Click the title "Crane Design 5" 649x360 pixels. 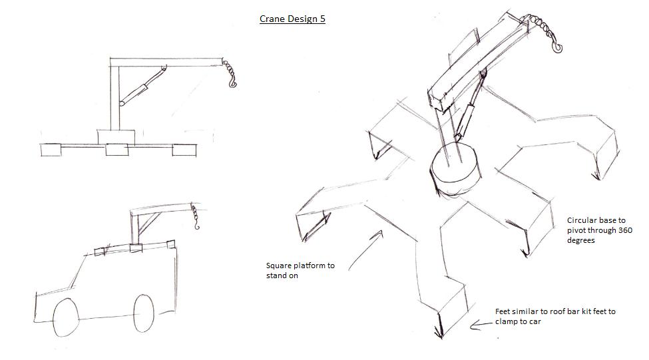(x=292, y=19)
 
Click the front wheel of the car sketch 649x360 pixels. (x=65, y=316)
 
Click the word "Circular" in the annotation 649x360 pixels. (x=582, y=220)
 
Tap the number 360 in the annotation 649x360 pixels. (x=624, y=230)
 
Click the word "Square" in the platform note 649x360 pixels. (x=279, y=266)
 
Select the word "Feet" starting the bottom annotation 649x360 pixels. (x=504, y=311)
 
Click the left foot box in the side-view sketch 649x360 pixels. (x=51, y=150)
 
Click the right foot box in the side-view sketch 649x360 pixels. (x=184, y=150)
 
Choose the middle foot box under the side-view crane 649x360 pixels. (x=116, y=150)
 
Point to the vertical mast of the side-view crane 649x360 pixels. (x=114, y=96)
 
